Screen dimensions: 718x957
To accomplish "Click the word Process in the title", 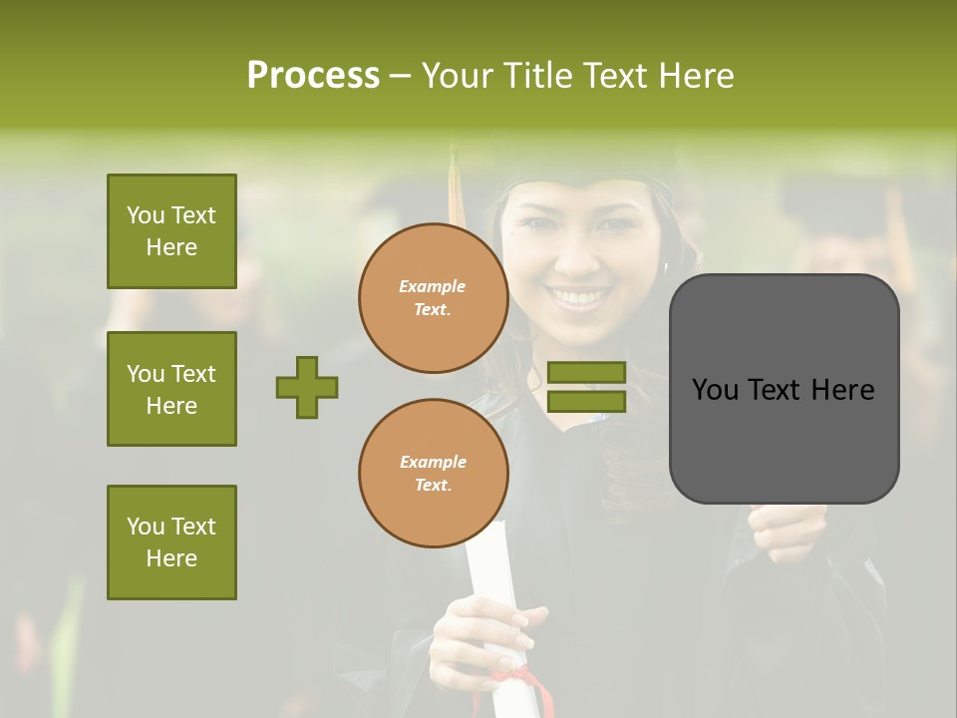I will click(313, 76).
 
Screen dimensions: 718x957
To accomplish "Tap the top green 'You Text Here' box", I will click(171, 231).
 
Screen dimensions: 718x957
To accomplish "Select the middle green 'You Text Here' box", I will click(171, 389).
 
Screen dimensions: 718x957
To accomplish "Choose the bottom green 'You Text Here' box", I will click(171, 542).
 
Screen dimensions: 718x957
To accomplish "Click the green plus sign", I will click(307, 387).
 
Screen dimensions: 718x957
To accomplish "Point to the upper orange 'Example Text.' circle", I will click(433, 298).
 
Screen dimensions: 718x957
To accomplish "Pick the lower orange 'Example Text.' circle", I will click(433, 474).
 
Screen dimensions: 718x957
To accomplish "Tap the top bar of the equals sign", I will click(586, 372).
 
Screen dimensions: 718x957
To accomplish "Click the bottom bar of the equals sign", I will click(586, 402).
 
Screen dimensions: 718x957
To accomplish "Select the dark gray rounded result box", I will click(784, 389).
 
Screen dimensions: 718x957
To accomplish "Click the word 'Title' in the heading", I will click(538, 76).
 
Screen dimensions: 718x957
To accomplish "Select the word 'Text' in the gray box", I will click(784, 390).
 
